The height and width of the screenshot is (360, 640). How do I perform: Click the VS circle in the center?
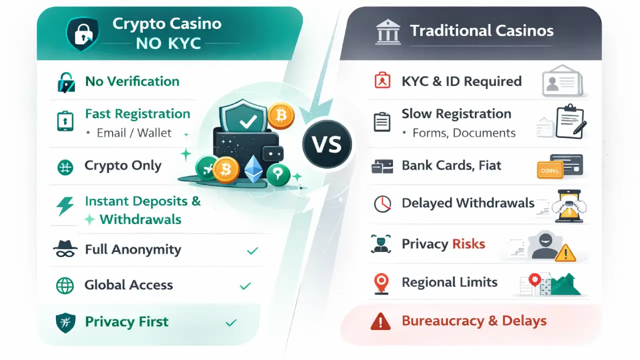[327, 144]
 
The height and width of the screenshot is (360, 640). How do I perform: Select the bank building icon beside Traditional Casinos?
[388, 31]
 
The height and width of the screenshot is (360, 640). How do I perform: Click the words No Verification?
[132, 81]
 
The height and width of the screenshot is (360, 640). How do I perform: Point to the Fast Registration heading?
[137, 114]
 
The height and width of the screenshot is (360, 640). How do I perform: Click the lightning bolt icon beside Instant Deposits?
[65, 205]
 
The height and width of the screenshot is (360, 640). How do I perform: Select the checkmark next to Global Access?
[245, 286]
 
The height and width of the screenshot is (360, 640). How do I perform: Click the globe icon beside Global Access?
[65, 285]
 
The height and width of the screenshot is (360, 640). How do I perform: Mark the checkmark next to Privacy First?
[231, 323]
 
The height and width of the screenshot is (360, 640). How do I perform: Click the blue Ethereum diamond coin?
[253, 169]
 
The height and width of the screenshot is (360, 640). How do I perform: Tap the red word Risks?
[468, 244]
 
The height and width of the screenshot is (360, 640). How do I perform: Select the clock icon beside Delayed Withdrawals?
[382, 203]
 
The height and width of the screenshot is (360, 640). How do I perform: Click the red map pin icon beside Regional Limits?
[381, 283]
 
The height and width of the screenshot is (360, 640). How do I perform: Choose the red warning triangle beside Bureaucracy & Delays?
[380, 321]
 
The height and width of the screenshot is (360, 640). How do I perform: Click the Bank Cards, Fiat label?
[451, 165]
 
